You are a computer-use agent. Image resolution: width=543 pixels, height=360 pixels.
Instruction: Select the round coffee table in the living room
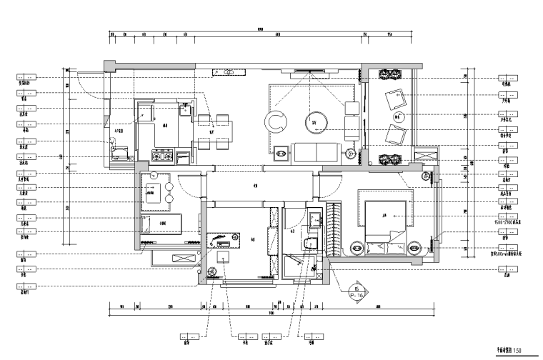click(x=314, y=121)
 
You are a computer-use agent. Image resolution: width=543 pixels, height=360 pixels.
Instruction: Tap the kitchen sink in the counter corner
click(x=185, y=109)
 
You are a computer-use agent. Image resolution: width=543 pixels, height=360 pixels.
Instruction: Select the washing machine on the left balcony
click(x=121, y=151)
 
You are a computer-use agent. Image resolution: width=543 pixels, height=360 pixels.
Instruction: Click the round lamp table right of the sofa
click(x=351, y=153)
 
